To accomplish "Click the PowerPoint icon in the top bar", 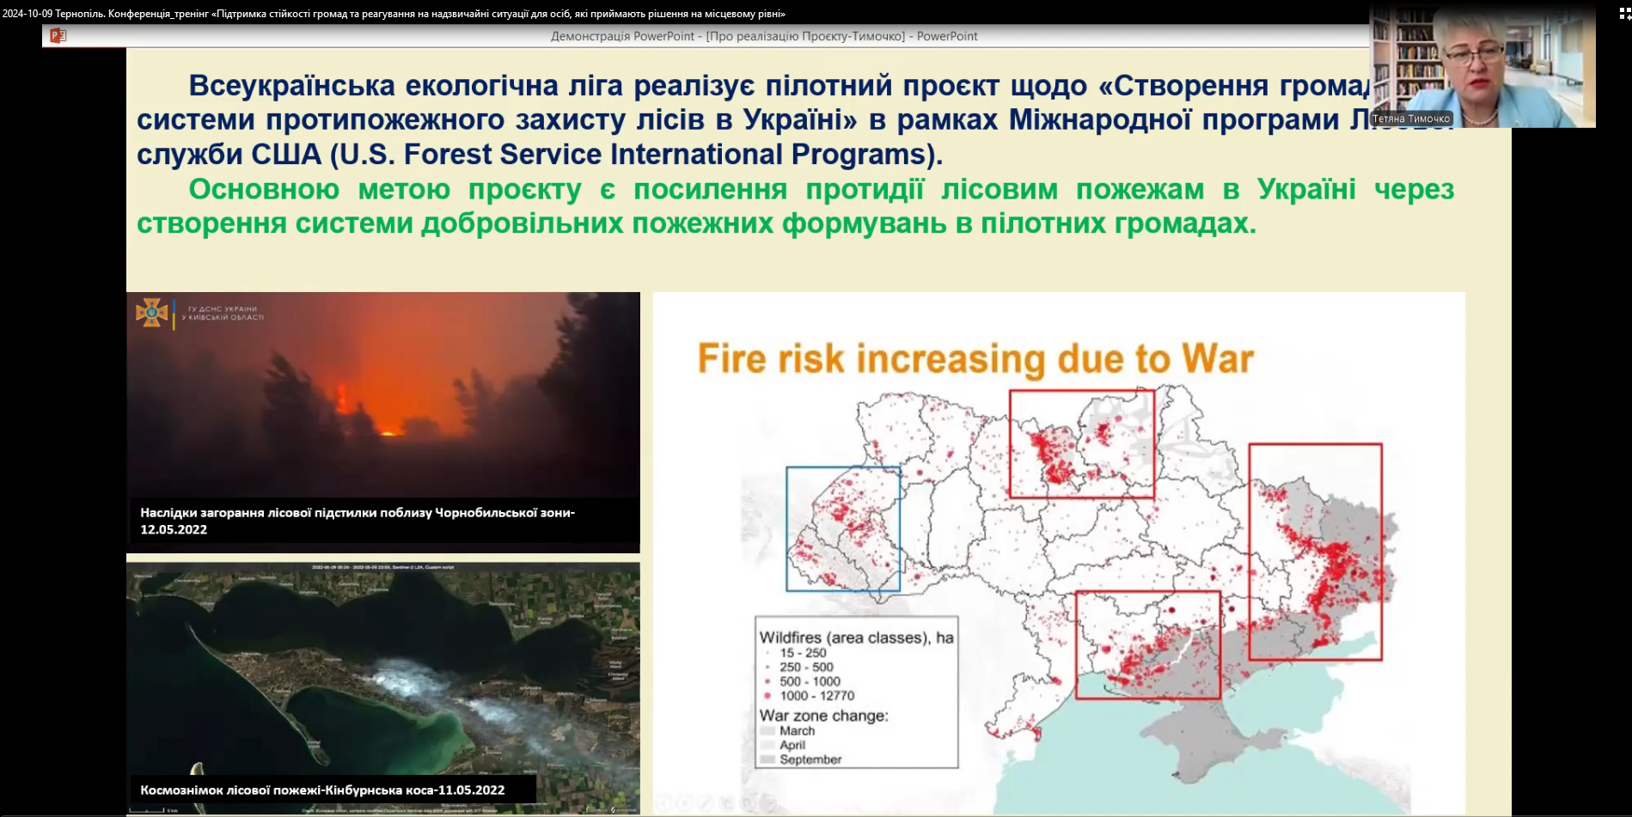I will (x=58, y=35).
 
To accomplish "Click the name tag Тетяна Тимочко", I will (x=1410, y=119).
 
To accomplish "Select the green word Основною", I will (x=264, y=189).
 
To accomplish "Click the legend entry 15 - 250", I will (x=803, y=653).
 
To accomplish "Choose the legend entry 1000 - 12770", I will (x=816, y=696).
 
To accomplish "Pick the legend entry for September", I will (x=810, y=759).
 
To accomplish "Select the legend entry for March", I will (x=797, y=731).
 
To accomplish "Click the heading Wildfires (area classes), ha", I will (x=856, y=637).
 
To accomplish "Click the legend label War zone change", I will (x=823, y=716).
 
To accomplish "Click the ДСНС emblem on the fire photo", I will (x=151, y=313).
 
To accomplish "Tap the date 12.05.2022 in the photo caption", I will (x=174, y=529).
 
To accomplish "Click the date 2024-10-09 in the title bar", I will (x=27, y=14).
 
